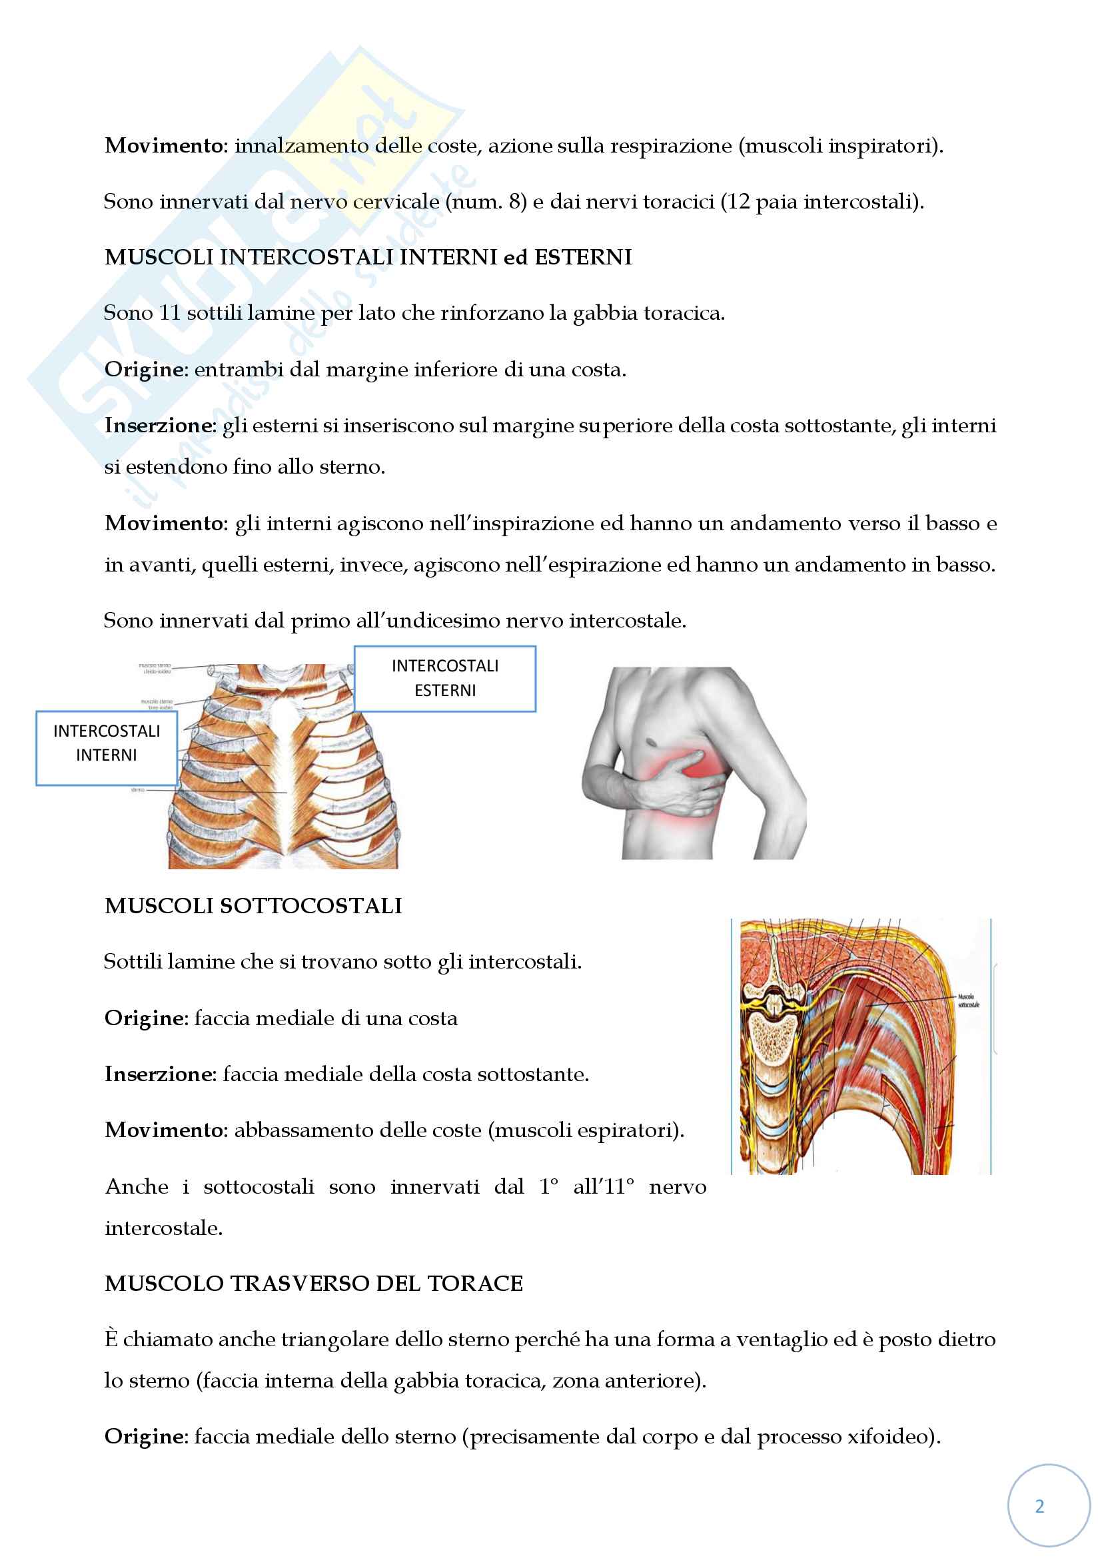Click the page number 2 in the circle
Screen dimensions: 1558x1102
1039,1506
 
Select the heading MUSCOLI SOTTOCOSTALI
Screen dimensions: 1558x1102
253,906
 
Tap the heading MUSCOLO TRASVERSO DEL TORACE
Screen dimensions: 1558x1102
314,1283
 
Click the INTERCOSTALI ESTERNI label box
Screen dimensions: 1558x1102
444,678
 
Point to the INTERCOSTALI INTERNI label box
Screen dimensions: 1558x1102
107,743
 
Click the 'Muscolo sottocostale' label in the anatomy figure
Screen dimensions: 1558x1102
967,1000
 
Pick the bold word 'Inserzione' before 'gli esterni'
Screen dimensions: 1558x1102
159,426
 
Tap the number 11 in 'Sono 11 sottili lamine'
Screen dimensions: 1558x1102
169,313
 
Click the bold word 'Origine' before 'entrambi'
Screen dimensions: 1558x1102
145,370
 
